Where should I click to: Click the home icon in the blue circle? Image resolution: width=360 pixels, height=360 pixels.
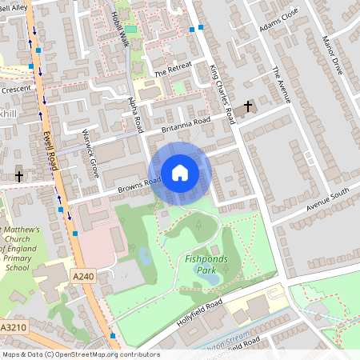tap(180, 173)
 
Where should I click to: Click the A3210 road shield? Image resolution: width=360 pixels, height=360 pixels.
tap(13, 328)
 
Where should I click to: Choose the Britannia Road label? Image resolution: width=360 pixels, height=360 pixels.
tap(186, 125)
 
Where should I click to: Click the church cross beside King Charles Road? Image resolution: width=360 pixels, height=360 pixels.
tap(248, 106)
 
